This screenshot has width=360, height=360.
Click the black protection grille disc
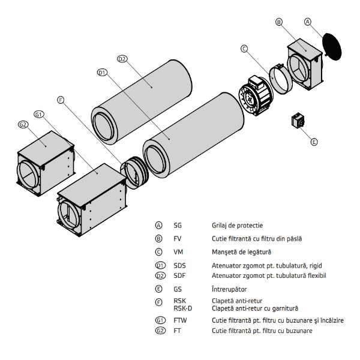point(332,47)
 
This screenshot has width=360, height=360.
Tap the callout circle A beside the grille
point(308,22)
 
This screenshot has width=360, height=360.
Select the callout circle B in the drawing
point(279,22)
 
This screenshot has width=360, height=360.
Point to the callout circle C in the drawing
point(244,49)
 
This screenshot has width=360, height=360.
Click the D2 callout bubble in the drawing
point(122,59)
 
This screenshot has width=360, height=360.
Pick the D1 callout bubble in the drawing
point(103,73)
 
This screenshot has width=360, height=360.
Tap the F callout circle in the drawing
point(61,100)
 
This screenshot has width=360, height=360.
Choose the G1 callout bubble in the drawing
point(39,114)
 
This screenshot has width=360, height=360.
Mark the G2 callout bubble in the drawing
point(23,124)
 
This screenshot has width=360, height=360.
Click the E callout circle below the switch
point(314,142)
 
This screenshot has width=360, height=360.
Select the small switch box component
point(298,121)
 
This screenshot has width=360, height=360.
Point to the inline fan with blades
point(256,96)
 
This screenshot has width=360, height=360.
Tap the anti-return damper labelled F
point(134,172)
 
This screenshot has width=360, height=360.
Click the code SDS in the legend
point(179,265)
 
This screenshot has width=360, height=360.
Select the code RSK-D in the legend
point(183,308)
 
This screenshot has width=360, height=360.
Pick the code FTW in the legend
point(180,320)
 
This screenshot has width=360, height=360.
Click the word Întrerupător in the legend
point(229,289)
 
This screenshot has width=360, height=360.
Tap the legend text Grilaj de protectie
point(237,226)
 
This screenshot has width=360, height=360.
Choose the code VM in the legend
point(178,252)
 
